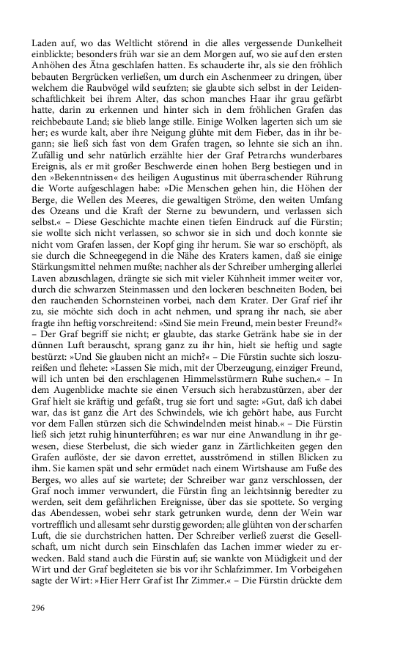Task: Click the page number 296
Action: pos(40,607)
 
